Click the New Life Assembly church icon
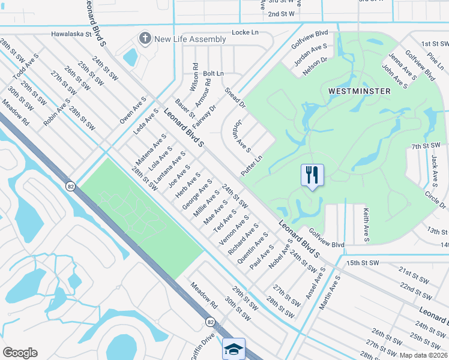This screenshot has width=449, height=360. (x=144, y=39)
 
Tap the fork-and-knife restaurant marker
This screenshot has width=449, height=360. (x=312, y=175)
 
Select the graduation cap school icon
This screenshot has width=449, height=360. (x=234, y=349)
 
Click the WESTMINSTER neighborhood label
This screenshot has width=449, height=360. (x=360, y=91)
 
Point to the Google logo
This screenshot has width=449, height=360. (x=20, y=352)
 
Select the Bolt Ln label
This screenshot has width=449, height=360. (x=213, y=73)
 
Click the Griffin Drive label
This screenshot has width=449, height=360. (x=202, y=347)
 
